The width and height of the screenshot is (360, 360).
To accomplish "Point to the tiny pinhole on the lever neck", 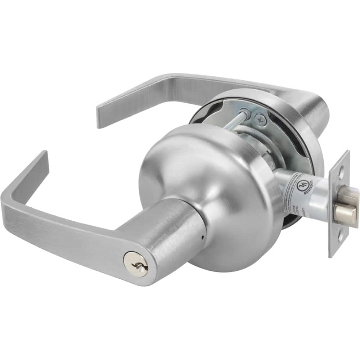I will point(202,238).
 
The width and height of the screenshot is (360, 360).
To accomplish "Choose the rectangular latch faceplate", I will point(339,203).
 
